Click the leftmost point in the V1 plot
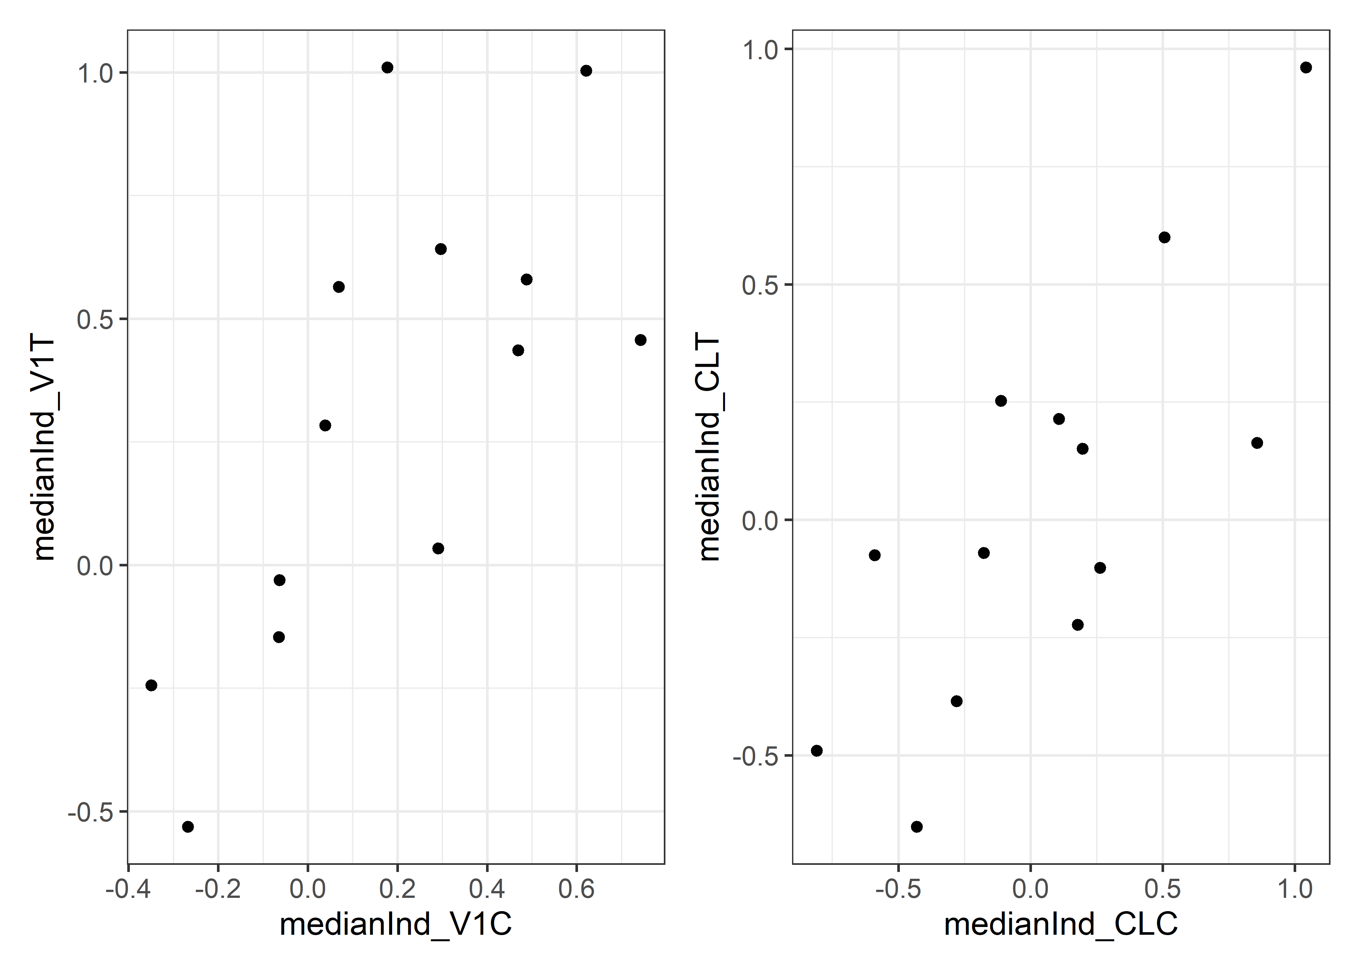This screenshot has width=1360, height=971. click(151, 685)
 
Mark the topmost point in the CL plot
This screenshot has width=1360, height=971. click(1306, 68)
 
